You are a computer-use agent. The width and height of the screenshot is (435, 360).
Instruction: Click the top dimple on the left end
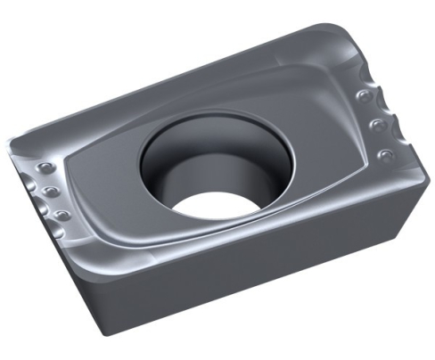(42, 170)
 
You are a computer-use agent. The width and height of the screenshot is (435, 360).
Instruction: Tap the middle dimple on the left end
(51, 192)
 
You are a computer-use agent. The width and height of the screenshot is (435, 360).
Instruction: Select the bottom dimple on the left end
(61, 215)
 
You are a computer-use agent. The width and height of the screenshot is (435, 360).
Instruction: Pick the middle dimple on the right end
(374, 124)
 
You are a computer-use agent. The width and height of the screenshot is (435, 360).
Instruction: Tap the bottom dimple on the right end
(385, 155)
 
